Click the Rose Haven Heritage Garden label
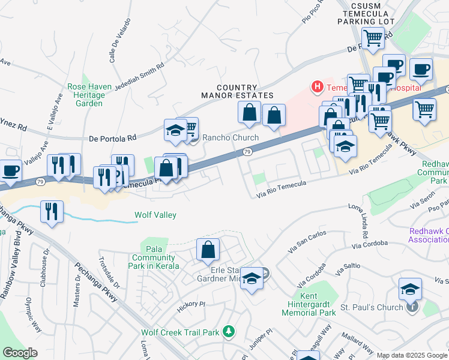89,95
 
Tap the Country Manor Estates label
237,91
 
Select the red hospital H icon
316,88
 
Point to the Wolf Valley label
151,214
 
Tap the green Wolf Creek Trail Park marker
228,331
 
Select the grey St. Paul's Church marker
412,308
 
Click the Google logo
20,353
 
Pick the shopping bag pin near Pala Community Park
208,250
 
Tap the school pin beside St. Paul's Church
411,290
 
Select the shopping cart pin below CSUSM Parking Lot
373,38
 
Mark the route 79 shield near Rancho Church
247,152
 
